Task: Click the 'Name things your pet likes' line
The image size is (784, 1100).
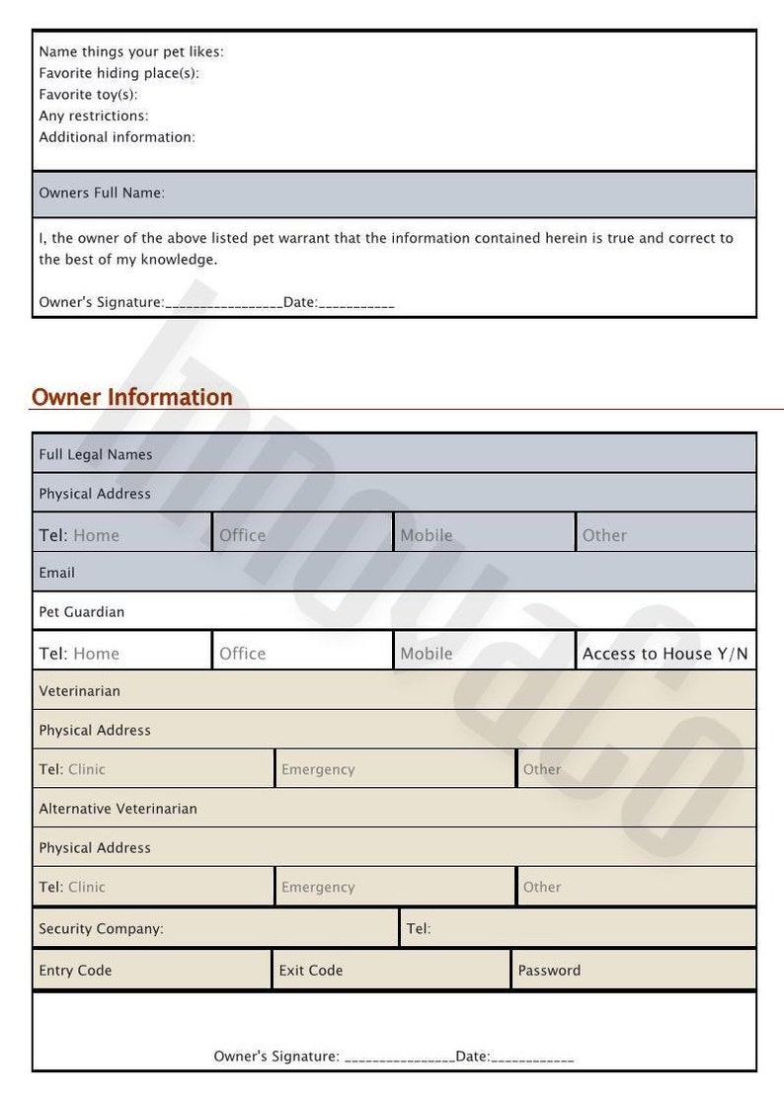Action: [x=130, y=52]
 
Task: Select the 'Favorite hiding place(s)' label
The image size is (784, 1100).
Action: [x=118, y=73]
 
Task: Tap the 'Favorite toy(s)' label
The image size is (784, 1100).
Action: [x=88, y=95]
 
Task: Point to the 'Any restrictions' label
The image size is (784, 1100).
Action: [x=94, y=116]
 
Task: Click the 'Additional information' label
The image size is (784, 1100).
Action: [x=117, y=137]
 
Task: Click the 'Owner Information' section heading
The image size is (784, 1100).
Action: [x=132, y=397]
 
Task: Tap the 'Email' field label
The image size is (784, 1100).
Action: [x=57, y=573]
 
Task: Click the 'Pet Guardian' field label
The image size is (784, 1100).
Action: [x=82, y=612]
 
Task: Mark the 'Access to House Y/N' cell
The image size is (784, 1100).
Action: [x=666, y=654]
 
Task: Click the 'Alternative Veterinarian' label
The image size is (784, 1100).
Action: [x=118, y=809]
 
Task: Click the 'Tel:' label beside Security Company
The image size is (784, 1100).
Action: [x=419, y=929]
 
